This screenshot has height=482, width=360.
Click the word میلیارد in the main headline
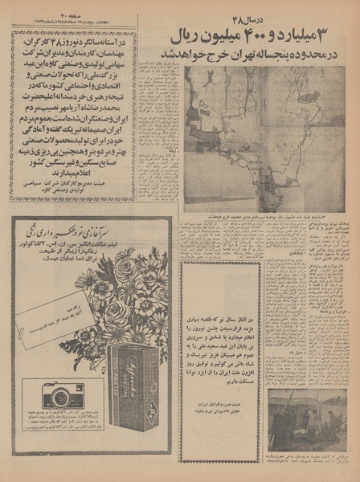click(x=317, y=35)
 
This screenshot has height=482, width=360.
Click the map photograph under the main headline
click(x=264, y=137)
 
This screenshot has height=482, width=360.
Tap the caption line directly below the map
click(x=264, y=215)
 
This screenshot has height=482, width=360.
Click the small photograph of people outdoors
click(x=308, y=419)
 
